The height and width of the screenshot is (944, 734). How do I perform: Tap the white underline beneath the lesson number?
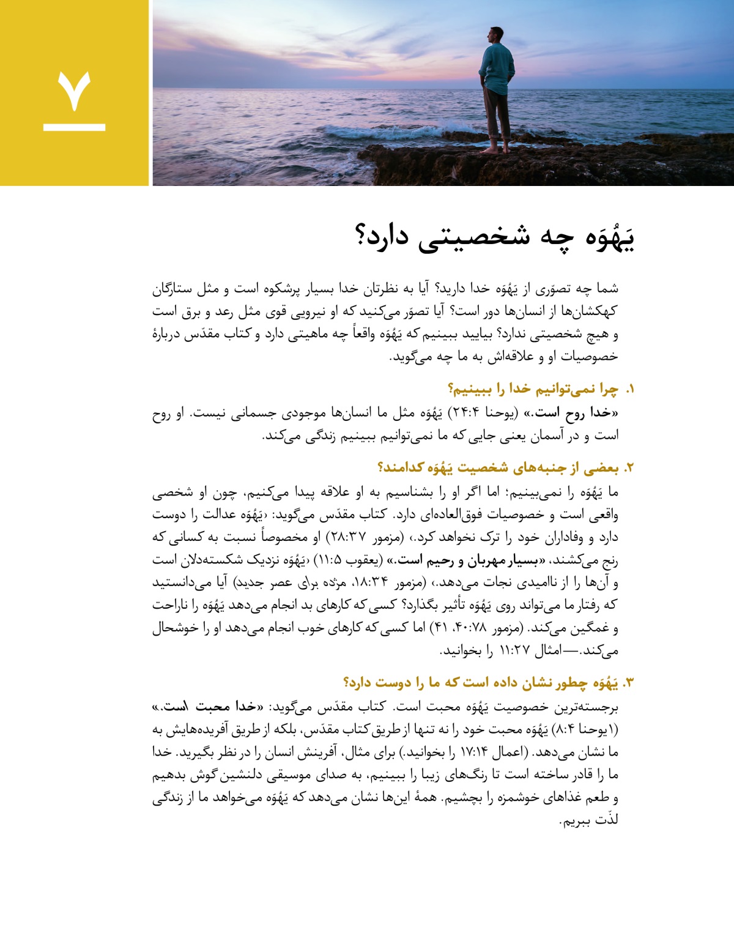point(75,127)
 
